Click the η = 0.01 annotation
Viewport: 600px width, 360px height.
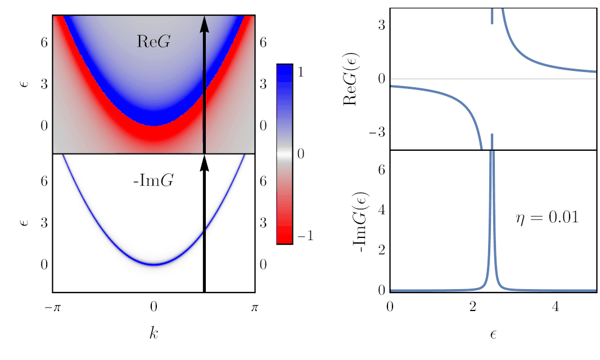(547, 218)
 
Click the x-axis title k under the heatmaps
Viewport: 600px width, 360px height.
(154, 334)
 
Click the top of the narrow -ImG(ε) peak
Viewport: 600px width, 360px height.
(492, 152)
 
